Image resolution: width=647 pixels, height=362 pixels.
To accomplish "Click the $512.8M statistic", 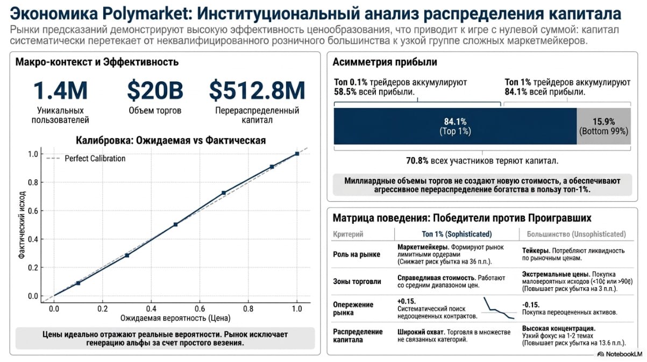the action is click(x=257, y=91).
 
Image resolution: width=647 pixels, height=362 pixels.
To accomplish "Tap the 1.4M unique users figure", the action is click(x=60, y=91).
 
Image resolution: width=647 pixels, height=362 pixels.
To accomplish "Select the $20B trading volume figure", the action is click(x=155, y=91).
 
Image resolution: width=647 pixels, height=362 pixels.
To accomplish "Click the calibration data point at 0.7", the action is click(x=224, y=193).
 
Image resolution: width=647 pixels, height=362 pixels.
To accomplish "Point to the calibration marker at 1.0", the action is click(x=297, y=154).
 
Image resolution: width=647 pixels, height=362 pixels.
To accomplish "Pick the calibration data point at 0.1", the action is click(x=78, y=283).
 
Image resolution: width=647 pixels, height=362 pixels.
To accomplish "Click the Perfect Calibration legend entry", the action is click(x=86, y=158).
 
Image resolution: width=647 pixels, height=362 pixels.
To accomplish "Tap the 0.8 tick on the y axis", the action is click(x=33, y=182).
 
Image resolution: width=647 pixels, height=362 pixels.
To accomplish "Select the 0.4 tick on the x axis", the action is click(x=151, y=309).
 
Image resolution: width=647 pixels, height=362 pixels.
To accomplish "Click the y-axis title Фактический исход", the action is click(x=22, y=224).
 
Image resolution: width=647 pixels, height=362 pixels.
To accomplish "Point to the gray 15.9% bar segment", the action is click(x=603, y=126).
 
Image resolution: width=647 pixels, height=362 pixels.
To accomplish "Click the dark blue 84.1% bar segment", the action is click(x=455, y=126).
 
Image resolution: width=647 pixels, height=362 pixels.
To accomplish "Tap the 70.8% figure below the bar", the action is click(x=417, y=161).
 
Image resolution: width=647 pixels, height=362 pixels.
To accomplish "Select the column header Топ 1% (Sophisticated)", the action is click(x=457, y=234).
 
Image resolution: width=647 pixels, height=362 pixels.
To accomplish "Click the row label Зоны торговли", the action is click(x=357, y=281).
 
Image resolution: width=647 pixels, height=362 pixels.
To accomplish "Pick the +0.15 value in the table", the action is click(x=407, y=301).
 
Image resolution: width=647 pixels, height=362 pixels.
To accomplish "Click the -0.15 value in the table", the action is click(x=531, y=305).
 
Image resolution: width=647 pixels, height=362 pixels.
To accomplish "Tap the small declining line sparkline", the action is click(x=499, y=308).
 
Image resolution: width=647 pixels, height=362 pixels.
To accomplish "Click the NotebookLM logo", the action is click(x=620, y=354).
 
